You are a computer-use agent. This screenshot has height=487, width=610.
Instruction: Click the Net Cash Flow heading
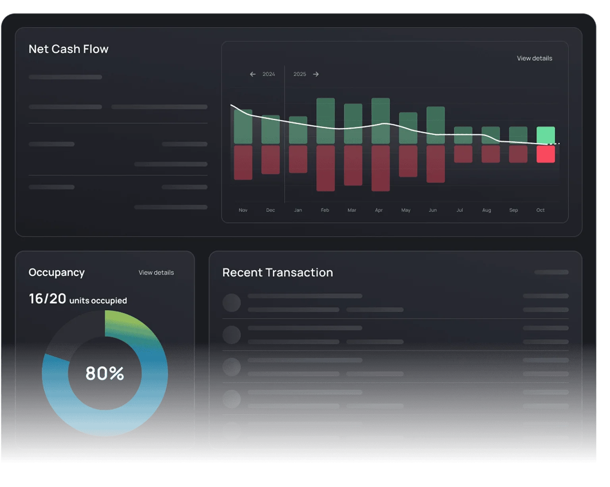point(68,49)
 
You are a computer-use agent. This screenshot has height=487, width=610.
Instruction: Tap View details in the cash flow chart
point(534,58)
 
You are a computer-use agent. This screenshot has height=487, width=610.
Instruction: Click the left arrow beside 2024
point(253,74)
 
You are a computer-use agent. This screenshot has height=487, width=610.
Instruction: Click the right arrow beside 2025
point(316,74)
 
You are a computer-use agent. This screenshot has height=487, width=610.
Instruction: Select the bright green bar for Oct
point(545,135)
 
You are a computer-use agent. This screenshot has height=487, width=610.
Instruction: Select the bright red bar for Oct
point(545,154)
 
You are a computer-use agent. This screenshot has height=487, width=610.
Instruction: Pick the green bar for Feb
point(325,121)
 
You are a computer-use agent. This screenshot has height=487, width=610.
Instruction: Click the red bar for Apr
point(380,168)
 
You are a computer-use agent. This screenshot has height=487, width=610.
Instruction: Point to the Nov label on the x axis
point(243,210)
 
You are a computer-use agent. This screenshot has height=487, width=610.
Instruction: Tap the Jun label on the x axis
point(432,210)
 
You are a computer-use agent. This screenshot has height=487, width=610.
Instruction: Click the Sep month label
point(513,210)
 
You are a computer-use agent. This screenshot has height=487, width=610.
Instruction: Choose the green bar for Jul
point(463,135)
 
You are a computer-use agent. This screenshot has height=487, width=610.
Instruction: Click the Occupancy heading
point(56,272)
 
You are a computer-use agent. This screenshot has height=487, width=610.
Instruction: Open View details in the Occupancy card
point(156,273)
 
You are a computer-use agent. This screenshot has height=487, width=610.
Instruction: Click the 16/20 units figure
point(47,298)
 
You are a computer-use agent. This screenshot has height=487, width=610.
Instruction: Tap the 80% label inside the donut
point(105,373)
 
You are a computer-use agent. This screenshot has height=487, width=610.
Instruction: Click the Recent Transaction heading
point(277,272)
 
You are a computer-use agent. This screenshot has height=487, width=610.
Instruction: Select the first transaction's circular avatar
point(232,303)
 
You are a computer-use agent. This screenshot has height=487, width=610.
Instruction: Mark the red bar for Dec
point(270,160)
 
